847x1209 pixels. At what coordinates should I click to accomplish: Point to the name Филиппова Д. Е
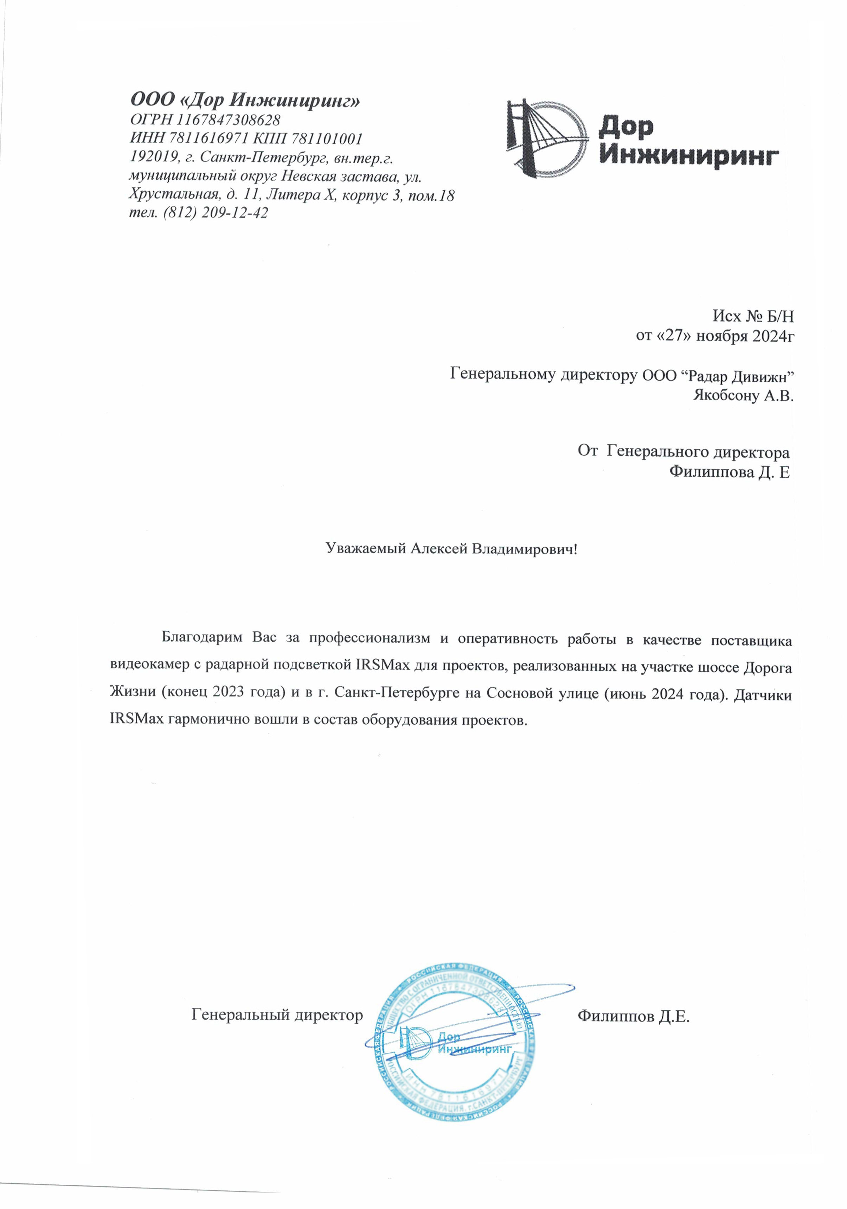[729, 472]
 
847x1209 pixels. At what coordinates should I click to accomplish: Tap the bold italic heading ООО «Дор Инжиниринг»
[245, 100]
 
